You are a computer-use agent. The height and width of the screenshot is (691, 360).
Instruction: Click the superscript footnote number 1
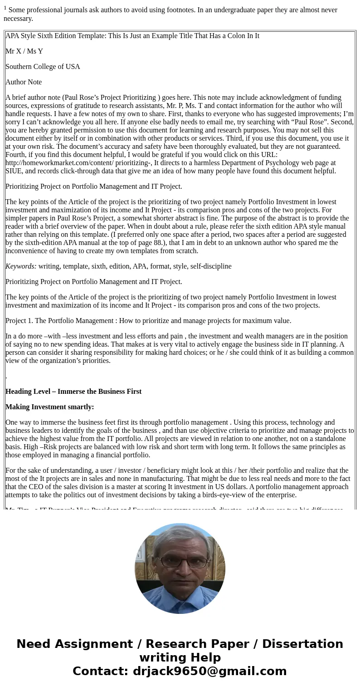coord(5,8)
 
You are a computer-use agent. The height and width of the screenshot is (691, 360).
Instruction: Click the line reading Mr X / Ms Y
coord(24,51)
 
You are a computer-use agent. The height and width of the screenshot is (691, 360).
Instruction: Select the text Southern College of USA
coord(43,67)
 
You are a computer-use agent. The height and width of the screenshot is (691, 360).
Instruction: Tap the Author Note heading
coord(24,82)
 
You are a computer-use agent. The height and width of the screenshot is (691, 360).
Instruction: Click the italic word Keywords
coord(21,266)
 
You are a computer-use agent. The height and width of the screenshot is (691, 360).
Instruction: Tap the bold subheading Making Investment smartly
coord(49,407)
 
